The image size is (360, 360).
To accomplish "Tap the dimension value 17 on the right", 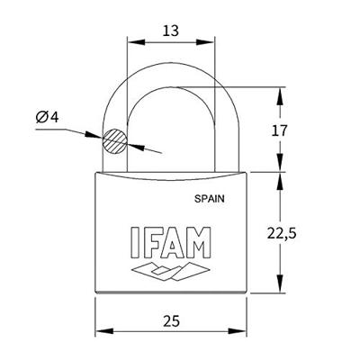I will (279, 130).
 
